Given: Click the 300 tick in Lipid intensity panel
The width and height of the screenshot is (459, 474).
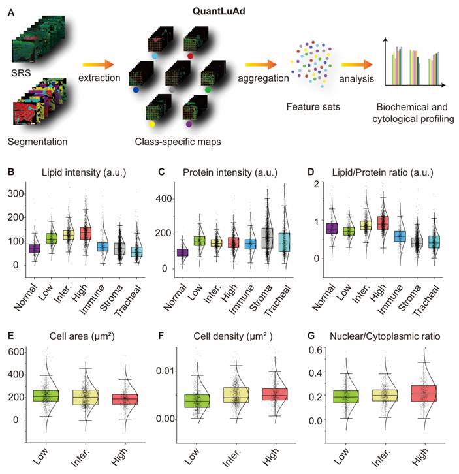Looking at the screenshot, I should tap(18, 194).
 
